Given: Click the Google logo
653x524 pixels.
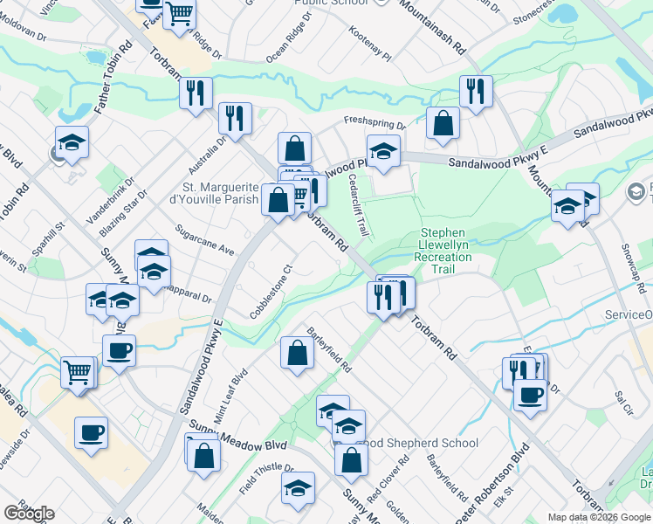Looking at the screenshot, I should coord(29,514).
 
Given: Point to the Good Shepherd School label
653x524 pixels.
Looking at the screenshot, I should coord(419,443).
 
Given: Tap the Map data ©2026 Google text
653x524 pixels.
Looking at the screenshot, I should coord(599,517).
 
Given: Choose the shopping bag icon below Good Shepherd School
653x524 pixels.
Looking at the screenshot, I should coord(351,460).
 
